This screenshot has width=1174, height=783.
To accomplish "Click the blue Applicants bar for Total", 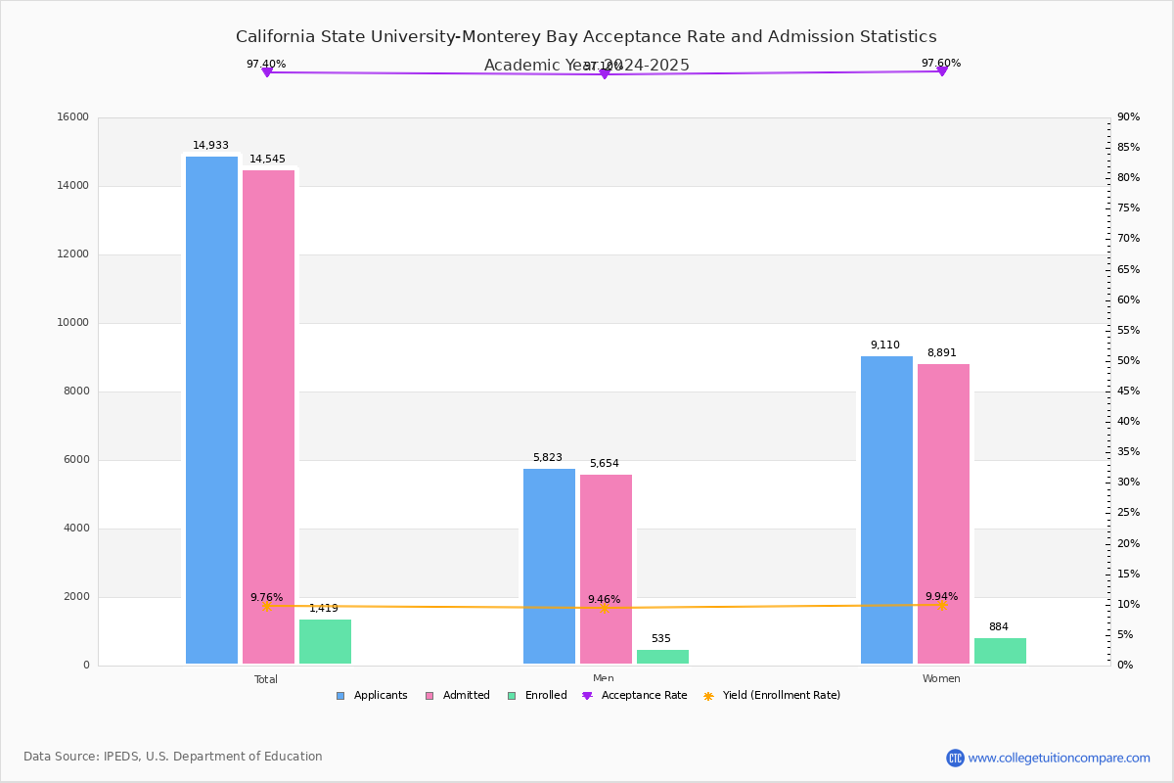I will [x=211, y=411].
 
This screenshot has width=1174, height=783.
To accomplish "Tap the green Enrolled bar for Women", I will [x=1000, y=651].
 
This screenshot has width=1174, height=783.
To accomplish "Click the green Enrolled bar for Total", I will [x=325, y=642].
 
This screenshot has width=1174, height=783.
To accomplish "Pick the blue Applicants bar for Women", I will [x=886, y=510].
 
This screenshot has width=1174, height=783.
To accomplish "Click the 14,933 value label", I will [x=210, y=146].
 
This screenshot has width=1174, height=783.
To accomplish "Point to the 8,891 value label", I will [x=941, y=353].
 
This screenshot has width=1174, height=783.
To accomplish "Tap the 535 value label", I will [x=661, y=639].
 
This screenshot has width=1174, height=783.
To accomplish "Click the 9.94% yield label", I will [x=941, y=597].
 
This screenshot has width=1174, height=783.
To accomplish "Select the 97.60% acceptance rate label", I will [x=940, y=64].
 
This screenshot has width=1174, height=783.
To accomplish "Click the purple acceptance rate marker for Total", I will [x=266, y=72].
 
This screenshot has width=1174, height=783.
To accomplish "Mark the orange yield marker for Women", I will [x=941, y=606].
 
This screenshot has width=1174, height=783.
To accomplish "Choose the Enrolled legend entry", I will [x=537, y=696].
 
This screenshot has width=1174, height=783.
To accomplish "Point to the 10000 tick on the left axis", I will [x=73, y=323].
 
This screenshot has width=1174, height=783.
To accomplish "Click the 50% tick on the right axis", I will [x=1128, y=361].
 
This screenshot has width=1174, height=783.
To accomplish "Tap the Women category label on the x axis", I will [x=941, y=679].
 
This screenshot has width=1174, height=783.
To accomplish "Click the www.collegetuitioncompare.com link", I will [x=1059, y=758].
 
